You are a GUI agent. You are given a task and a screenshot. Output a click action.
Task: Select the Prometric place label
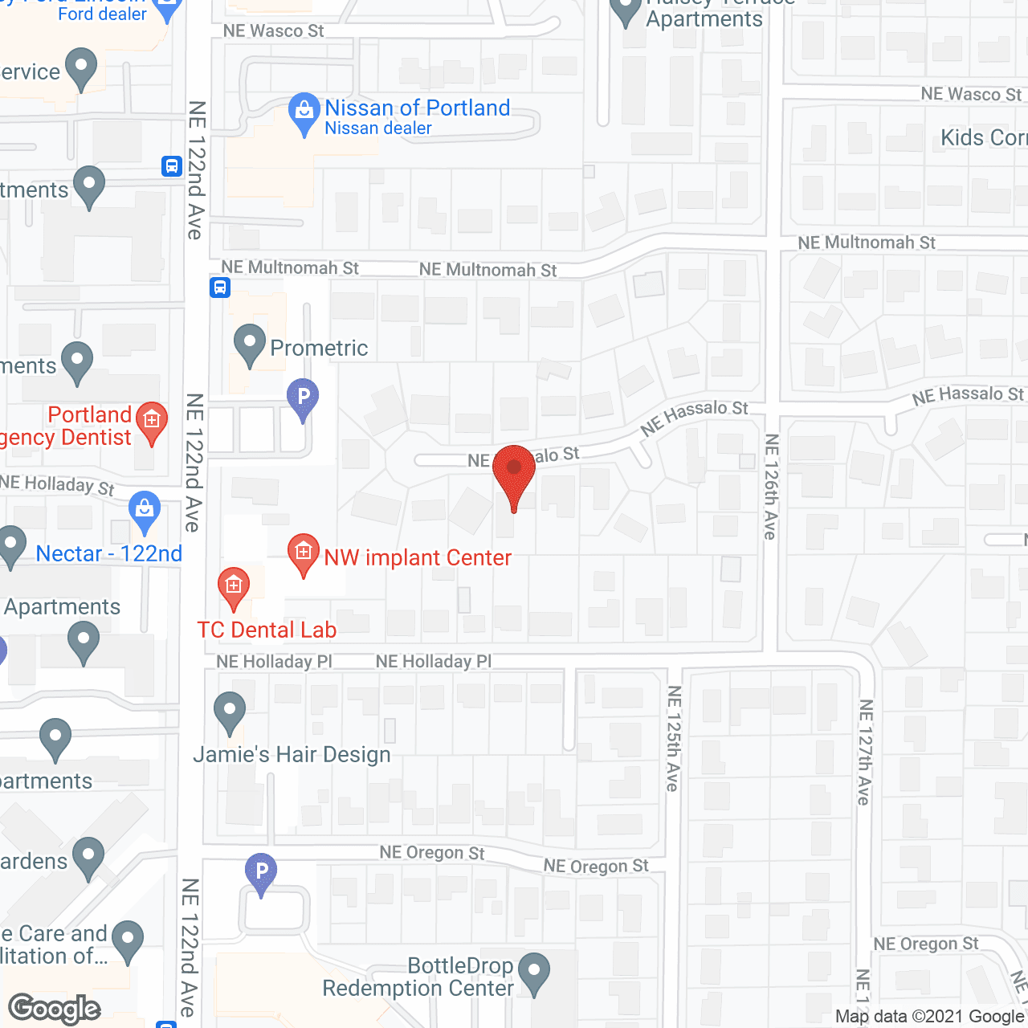(x=319, y=348)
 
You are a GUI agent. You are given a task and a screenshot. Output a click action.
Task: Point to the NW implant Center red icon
(x=304, y=553)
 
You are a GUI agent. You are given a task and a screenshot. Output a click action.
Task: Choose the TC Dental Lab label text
(x=267, y=630)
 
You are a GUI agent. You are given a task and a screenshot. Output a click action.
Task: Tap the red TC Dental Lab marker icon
(x=234, y=587)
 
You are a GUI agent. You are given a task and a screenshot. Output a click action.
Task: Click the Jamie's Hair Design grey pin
(x=230, y=712)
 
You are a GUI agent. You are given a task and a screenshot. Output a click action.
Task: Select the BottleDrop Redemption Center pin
(x=533, y=973)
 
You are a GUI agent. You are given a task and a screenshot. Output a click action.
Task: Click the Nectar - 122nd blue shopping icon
(x=145, y=511)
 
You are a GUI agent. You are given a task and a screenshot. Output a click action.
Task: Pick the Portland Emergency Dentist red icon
(x=152, y=421)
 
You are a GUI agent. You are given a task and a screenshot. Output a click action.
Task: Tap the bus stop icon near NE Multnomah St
(x=220, y=288)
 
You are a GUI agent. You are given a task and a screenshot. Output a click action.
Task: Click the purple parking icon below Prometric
(x=303, y=398)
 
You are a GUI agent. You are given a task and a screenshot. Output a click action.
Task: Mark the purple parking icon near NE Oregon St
(x=261, y=872)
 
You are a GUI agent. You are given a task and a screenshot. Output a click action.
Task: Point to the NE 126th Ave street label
(x=771, y=487)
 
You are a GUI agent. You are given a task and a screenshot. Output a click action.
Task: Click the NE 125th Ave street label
(x=673, y=738)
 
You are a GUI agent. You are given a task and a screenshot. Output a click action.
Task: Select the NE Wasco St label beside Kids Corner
(x=971, y=95)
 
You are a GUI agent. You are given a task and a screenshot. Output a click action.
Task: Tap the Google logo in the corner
(x=55, y=1009)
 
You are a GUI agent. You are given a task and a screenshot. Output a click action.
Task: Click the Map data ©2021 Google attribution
(x=929, y=1017)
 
